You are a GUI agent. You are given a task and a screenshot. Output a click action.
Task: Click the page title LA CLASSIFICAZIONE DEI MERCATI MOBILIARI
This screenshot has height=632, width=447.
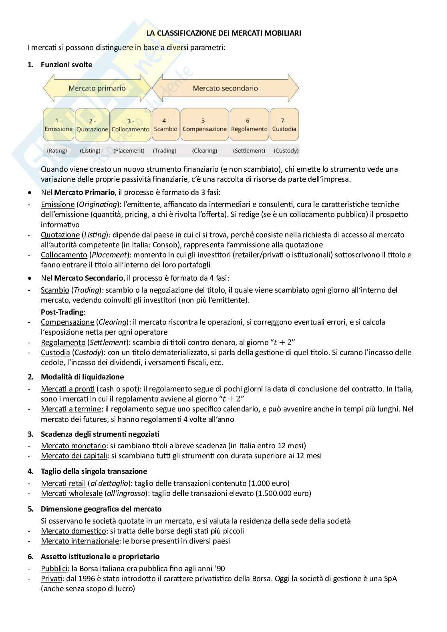[223, 34]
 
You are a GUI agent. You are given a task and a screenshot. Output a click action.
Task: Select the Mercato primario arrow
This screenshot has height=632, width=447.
[97, 88]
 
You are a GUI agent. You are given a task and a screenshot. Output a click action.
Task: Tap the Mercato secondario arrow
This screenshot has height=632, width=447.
[225, 88]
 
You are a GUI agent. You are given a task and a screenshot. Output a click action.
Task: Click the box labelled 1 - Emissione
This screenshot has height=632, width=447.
[58, 125]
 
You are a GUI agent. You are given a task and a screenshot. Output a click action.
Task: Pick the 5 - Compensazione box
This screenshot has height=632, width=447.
[204, 125]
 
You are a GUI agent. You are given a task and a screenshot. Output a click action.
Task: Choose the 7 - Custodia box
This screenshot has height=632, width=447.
[284, 125]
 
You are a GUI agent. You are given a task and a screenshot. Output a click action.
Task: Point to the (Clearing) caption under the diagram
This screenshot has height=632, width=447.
[204, 151]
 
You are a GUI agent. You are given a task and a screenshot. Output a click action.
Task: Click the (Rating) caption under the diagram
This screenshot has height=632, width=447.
[57, 151]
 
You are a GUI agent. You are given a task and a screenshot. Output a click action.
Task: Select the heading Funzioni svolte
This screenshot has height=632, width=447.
[66, 65]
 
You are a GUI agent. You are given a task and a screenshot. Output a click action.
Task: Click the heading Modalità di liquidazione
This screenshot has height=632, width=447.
[82, 377]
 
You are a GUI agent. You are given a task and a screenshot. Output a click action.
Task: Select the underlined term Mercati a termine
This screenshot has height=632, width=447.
[71, 409]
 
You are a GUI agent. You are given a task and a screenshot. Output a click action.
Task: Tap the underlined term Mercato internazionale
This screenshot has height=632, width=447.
[80, 541]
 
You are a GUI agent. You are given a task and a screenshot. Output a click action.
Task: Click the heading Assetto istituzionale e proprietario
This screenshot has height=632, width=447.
[100, 556]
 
